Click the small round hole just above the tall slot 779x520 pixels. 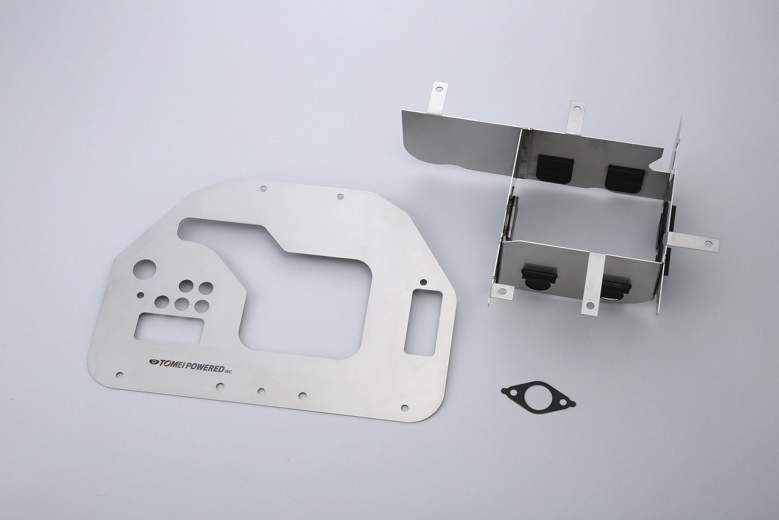pyautogui.click(x=423, y=281)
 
